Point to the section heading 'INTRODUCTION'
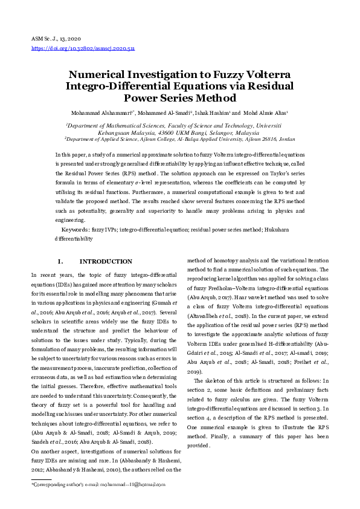pyautogui.click(x=106, y=262)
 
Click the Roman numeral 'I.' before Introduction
pyautogui.click(x=60, y=262)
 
